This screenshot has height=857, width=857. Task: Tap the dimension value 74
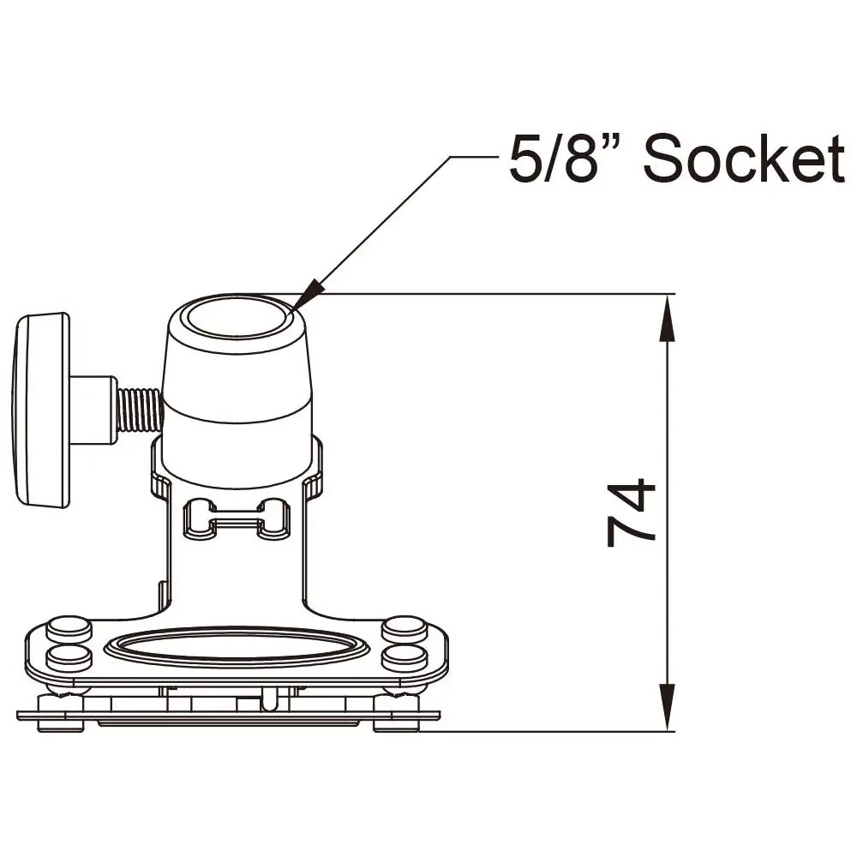coord(632,512)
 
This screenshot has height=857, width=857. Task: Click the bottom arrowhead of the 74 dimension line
coord(668,710)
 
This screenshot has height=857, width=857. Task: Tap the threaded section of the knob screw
coord(139,410)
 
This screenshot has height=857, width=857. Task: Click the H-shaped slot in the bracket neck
coord(237,518)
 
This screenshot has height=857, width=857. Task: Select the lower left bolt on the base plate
coord(69,657)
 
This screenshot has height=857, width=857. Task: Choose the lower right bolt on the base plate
coord(404,657)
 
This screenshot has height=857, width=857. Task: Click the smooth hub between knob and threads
coord(93,410)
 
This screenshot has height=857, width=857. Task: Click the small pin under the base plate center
coord(270,701)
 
